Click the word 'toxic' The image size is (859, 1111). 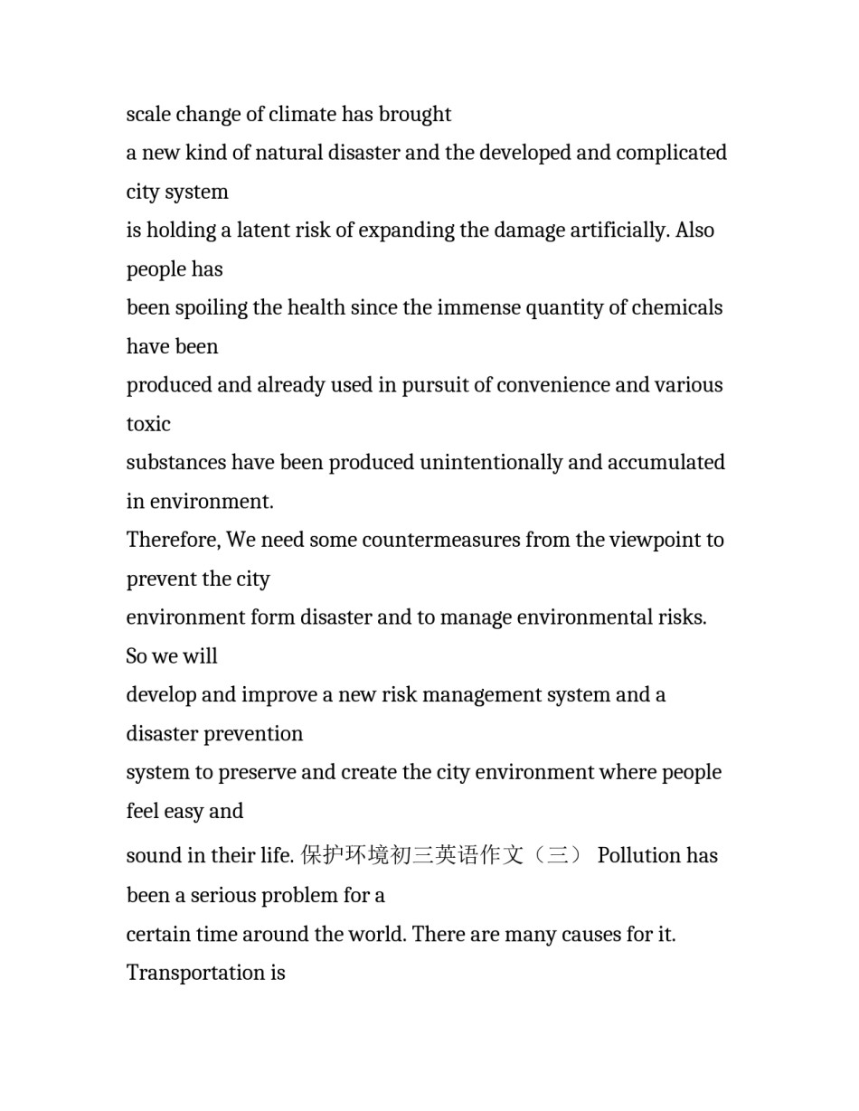point(148,424)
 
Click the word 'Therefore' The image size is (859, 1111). point(173,541)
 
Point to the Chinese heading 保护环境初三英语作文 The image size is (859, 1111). point(412,855)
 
